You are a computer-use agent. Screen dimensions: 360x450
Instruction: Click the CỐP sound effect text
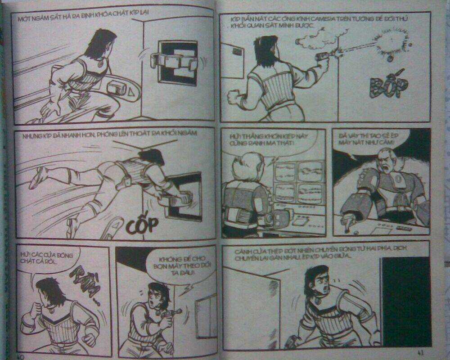pos(142,224)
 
